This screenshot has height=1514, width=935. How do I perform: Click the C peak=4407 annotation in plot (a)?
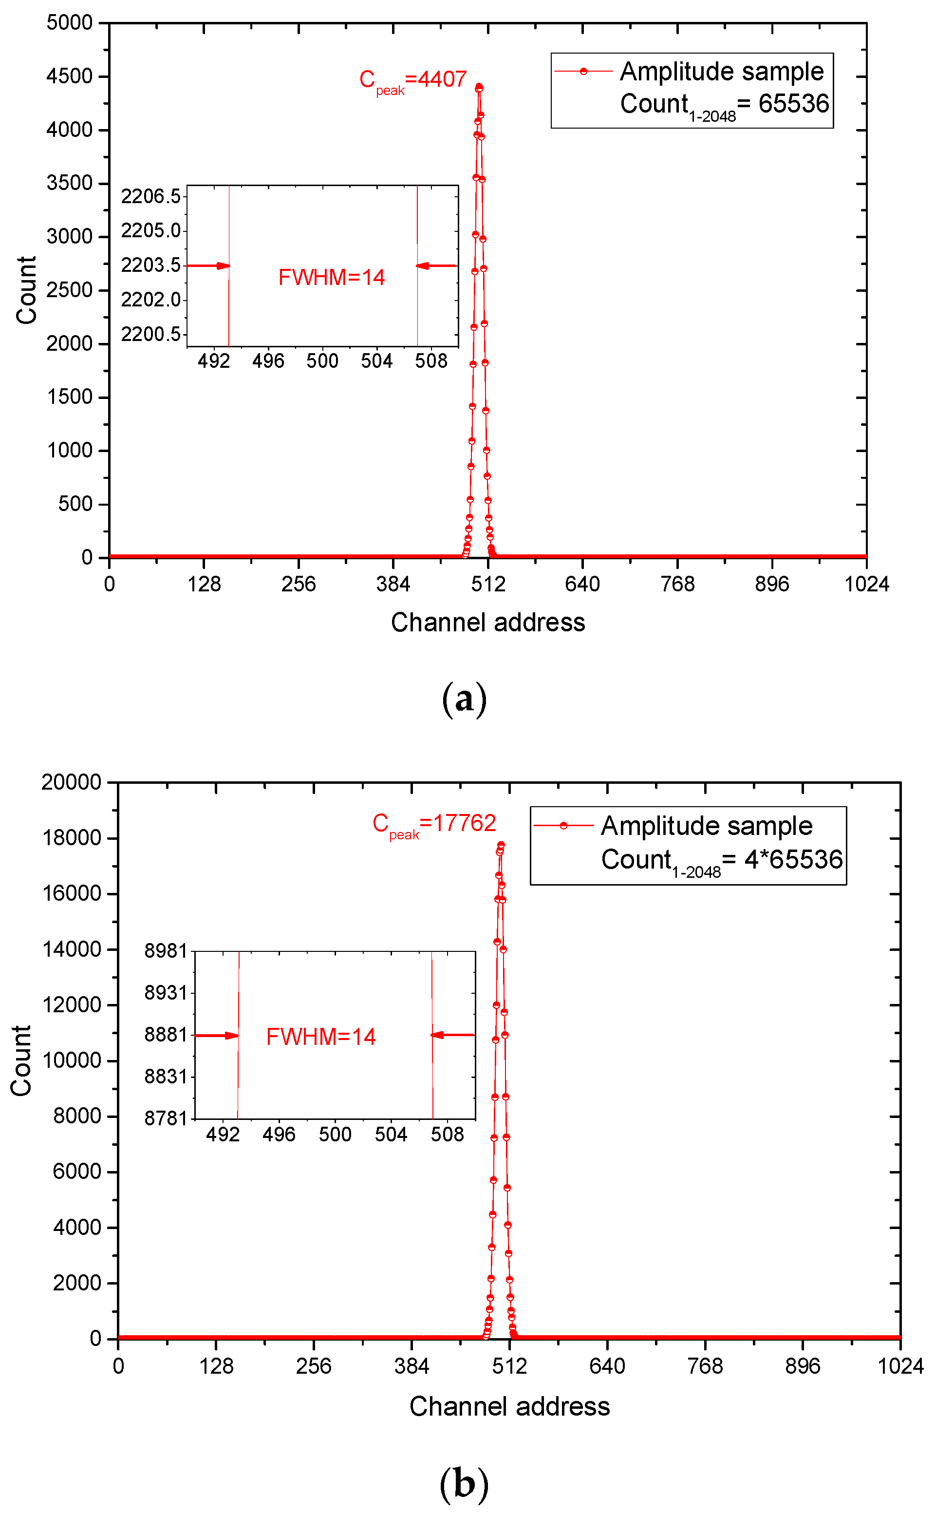[412, 80]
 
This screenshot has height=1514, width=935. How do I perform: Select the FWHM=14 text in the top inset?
[332, 278]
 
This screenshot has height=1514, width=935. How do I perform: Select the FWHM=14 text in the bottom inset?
[321, 1037]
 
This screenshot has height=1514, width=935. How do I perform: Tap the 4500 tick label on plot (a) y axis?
[69, 76]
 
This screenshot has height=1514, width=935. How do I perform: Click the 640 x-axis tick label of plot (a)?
[582, 585]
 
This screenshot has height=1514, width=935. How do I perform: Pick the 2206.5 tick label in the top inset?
[150, 197]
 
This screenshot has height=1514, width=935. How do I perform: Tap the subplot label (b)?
[465, 1483]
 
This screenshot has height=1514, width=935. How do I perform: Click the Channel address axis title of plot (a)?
[488, 623]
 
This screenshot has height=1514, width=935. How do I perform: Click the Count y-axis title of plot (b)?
[21, 1060]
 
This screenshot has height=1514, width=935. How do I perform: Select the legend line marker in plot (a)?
[583, 72]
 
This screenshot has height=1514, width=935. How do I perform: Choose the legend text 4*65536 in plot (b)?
[793, 860]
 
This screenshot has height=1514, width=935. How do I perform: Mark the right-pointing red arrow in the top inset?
[209, 266]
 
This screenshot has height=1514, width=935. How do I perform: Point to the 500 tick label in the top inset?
[322, 361]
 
